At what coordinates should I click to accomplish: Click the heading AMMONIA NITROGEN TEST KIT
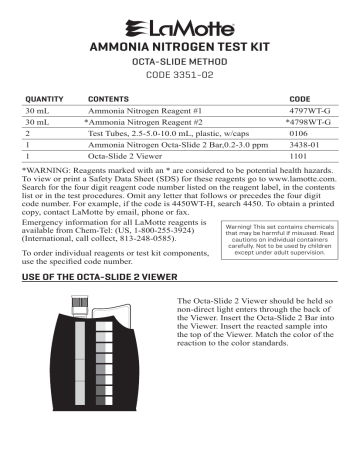point(179,47)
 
